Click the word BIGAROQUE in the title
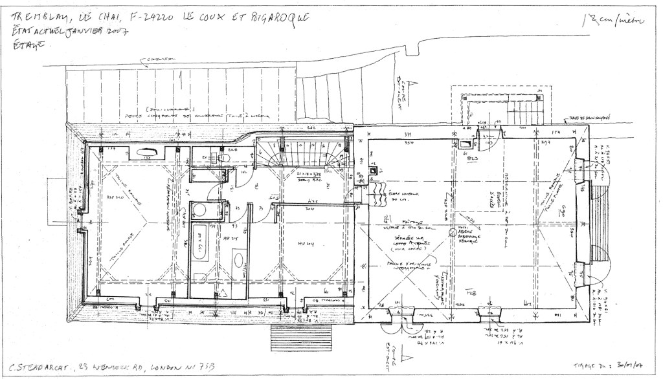coord(274,16)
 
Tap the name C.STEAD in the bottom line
coord(32,366)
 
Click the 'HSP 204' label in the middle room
coord(305,244)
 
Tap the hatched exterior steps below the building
coord(300,336)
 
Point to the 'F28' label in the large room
coord(472,292)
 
